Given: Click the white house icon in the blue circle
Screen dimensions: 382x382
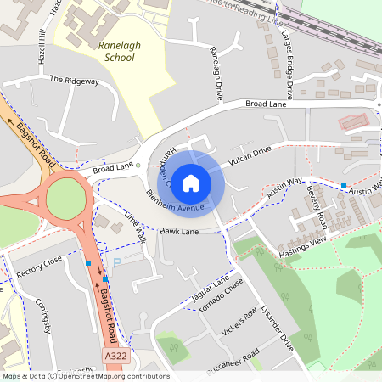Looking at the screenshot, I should [x=191, y=183].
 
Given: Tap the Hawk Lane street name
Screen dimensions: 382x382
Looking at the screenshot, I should [x=178, y=231].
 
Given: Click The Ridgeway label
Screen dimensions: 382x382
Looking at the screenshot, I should [x=75, y=81].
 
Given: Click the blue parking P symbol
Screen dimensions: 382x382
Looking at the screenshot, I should [x=118, y=264].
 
